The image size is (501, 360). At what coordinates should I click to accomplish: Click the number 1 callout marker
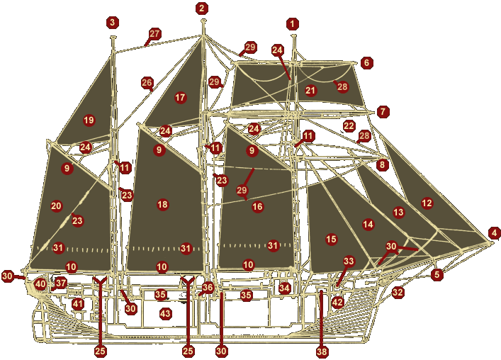pyautogui.click(x=293, y=24)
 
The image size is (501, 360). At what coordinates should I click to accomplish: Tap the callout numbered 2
pyautogui.click(x=202, y=9)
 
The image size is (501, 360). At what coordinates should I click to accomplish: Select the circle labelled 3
pyautogui.click(x=113, y=23)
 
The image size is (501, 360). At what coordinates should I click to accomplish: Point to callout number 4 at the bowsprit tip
pyautogui.click(x=494, y=232)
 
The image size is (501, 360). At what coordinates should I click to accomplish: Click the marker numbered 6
pyautogui.click(x=366, y=63)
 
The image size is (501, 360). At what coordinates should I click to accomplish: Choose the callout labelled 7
pyautogui.click(x=383, y=112)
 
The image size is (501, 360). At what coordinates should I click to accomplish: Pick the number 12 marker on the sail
pyautogui.click(x=427, y=203)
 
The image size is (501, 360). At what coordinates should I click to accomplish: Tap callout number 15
pyautogui.click(x=331, y=239)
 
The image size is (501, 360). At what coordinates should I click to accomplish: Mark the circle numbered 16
pyautogui.click(x=257, y=207)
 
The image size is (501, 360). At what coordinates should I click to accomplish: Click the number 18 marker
pyautogui.click(x=162, y=205)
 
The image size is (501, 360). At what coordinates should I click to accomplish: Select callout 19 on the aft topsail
pyautogui.click(x=89, y=120)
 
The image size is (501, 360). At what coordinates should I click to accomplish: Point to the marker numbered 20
pyautogui.click(x=57, y=206)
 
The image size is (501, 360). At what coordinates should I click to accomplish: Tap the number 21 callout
pyautogui.click(x=310, y=91)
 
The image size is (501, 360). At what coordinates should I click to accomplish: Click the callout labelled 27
pyautogui.click(x=154, y=33)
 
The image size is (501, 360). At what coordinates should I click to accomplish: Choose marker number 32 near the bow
pyautogui.click(x=398, y=292)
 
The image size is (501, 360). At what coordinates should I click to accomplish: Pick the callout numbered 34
pyautogui.click(x=284, y=288)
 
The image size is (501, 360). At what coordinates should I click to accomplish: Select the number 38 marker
pyautogui.click(x=322, y=351)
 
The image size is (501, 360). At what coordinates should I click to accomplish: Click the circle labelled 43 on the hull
pyautogui.click(x=165, y=314)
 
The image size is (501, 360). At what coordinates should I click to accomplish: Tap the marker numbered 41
pyautogui.click(x=78, y=304)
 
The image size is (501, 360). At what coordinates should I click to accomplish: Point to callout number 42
pyautogui.click(x=337, y=303)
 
